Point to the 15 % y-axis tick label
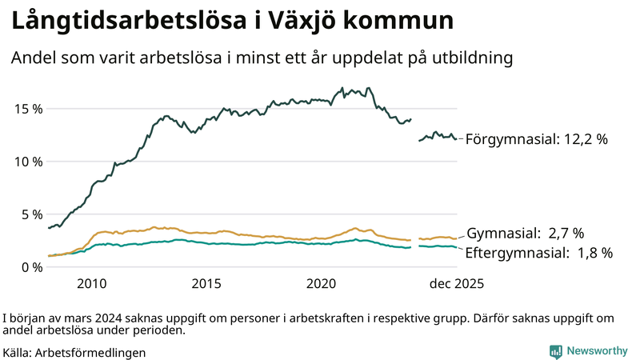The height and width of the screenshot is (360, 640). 28,109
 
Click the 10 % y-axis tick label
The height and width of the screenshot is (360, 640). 28,162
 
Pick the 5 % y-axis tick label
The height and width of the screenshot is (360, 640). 31,214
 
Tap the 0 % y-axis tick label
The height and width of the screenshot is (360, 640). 31,267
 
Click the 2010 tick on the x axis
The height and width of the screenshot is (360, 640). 91,284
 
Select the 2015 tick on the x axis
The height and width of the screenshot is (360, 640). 206,284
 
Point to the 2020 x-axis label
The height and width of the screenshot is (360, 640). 322,284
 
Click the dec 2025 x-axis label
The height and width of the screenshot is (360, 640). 457,284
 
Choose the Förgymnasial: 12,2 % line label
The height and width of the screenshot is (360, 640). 537,139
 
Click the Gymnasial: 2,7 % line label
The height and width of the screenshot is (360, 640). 525,234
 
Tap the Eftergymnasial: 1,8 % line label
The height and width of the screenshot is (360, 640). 539,253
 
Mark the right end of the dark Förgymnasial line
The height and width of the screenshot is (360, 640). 456,138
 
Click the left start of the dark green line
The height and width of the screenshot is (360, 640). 49,229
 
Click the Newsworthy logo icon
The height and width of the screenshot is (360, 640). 555,350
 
